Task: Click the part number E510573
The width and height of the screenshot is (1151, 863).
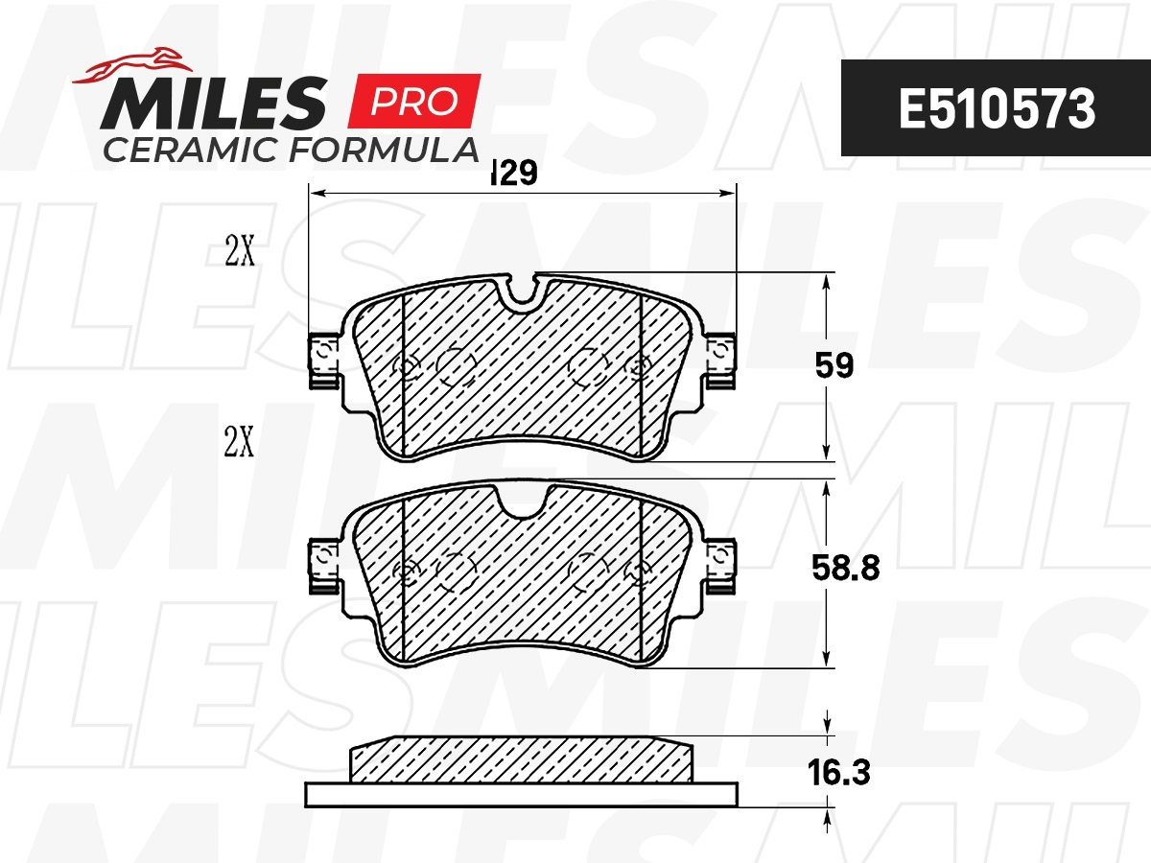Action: point(996,109)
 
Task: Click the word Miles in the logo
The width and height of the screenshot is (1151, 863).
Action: point(215,104)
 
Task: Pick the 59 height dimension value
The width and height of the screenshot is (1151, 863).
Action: point(833,366)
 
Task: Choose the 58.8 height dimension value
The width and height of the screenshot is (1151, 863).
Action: point(843,568)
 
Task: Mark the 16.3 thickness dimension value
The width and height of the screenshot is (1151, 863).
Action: point(839,773)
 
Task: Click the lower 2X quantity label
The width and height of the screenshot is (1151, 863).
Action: point(239,443)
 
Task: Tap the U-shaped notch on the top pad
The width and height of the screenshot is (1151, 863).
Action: point(522,291)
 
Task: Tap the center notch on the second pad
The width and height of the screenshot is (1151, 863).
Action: point(522,500)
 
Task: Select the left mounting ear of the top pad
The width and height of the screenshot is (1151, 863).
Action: point(323,361)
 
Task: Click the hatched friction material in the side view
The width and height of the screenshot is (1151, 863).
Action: point(522,759)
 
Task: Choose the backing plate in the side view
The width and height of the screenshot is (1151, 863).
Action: point(522,795)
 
